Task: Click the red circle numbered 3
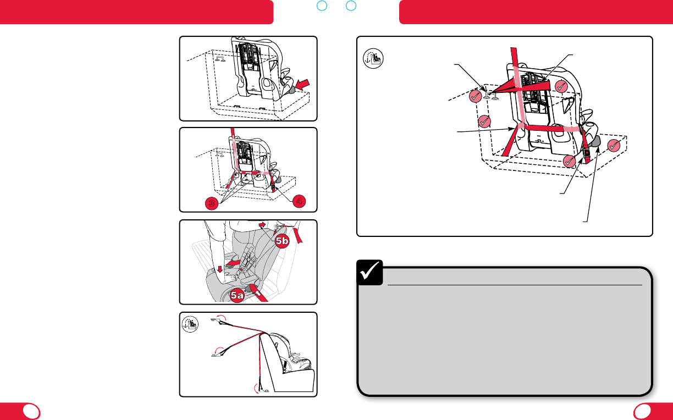coord(212,203)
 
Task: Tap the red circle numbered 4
coord(299,201)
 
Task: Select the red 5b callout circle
coord(282,241)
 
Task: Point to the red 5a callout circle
coord(237,295)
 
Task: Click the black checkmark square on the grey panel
coord(369,273)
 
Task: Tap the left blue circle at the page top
coord(322,5)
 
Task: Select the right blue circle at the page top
coord(351,5)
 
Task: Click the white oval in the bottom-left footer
coord(31,411)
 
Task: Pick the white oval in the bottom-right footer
coord(642,411)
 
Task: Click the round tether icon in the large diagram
coord(373,58)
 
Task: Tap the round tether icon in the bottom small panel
coord(190,324)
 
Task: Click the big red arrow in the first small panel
coord(302,84)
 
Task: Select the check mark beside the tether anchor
coord(475,96)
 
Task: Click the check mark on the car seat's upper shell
coord(561,87)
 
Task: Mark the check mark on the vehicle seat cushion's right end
coord(614,146)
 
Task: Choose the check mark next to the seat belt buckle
coord(569,161)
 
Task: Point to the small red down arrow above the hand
coord(220,269)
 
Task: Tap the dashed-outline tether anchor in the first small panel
coord(220,59)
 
